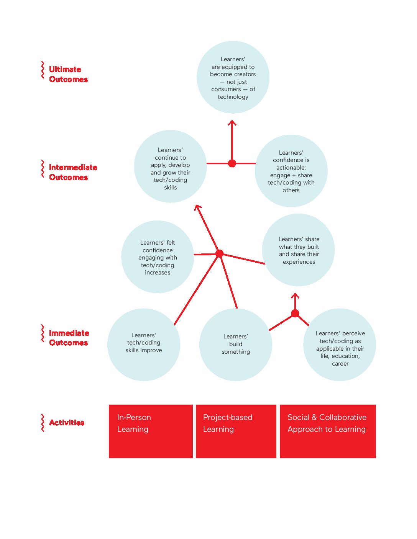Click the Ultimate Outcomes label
[x=68, y=74]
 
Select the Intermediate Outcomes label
[x=73, y=172]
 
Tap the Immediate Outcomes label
[x=69, y=338]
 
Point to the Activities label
[x=67, y=422]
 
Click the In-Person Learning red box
[x=151, y=431]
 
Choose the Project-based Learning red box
[x=236, y=431]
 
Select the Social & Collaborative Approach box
[x=328, y=431]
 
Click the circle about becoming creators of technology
[x=233, y=77]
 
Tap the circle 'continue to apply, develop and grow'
[x=171, y=167]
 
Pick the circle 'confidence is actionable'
[x=291, y=171]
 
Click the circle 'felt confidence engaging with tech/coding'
[x=158, y=257]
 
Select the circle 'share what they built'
[x=298, y=250]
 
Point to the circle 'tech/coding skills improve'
[x=144, y=345]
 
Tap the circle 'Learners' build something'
[x=235, y=345]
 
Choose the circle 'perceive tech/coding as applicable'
[x=340, y=345]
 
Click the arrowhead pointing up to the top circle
[x=232, y=122]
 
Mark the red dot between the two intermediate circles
[x=232, y=163]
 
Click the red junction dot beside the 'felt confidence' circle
[x=219, y=253]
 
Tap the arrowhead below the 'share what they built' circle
[x=295, y=296]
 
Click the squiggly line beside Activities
[x=43, y=422]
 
